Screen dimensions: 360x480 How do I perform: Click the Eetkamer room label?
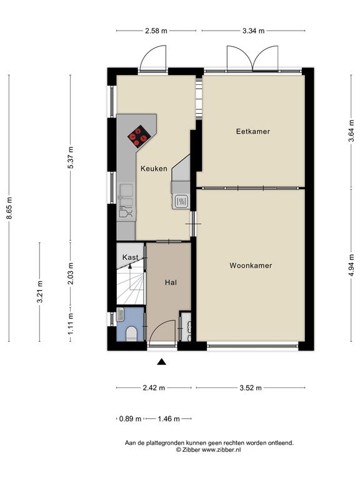pos(253,132)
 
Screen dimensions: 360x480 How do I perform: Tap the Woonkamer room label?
pos(251,266)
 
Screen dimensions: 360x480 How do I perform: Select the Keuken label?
pos(154,168)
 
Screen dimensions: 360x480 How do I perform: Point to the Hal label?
pos(171,282)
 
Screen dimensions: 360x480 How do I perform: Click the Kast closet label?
pos(130,257)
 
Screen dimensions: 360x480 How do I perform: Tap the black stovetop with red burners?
pos(139,136)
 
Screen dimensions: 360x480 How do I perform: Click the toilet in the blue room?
pos(132,334)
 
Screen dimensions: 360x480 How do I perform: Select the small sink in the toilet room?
pos(120,315)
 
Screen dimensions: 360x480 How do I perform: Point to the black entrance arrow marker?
pos(161,362)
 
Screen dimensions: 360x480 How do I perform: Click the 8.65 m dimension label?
pos(9,208)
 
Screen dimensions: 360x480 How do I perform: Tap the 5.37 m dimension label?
pos(71,157)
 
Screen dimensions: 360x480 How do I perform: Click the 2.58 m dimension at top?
pos(156,31)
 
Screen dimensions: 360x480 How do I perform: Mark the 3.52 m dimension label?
pos(251,388)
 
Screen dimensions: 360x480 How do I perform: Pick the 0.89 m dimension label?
pos(130,419)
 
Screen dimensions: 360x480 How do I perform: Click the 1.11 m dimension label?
pos(71,323)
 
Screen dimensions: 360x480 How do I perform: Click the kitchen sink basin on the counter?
pos(126,190)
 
